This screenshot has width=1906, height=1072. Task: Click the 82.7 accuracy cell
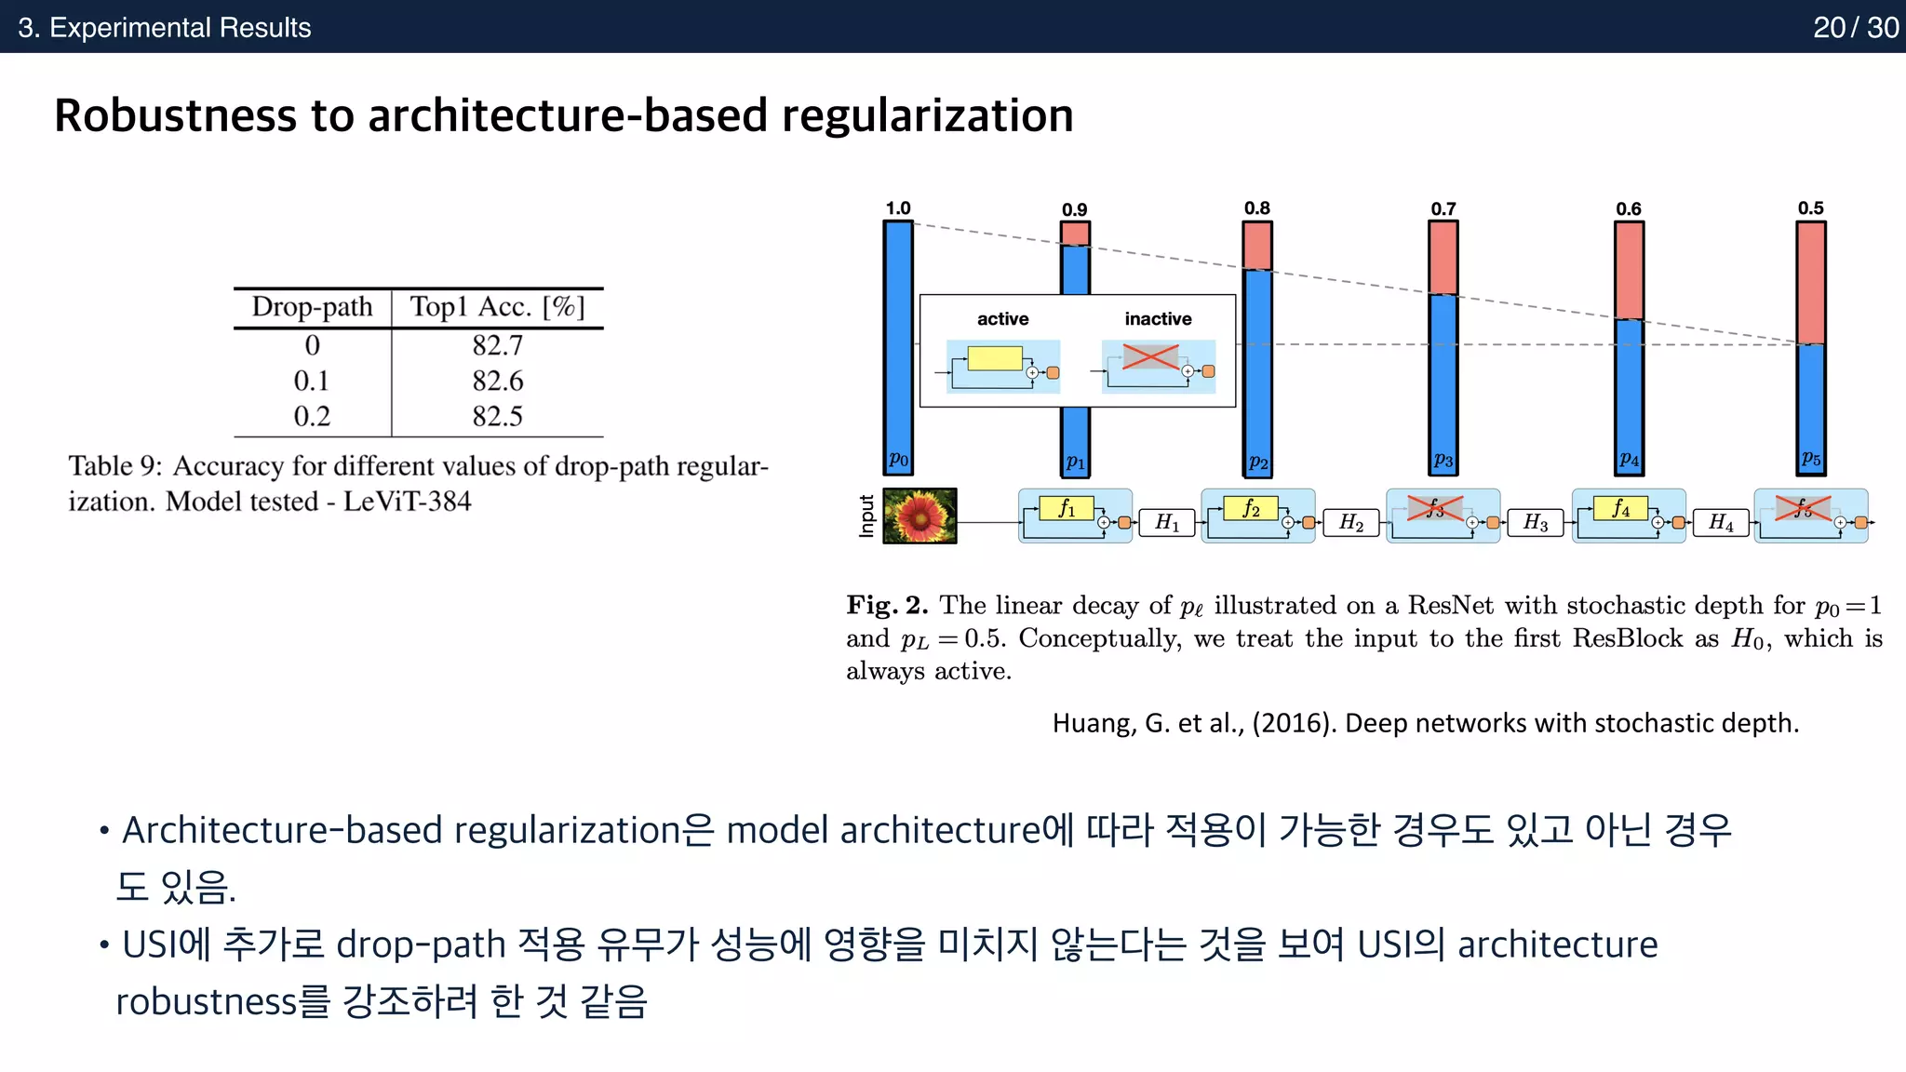pyautogui.click(x=497, y=345)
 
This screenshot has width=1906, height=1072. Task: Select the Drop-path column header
pyautogui.click(x=312, y=307)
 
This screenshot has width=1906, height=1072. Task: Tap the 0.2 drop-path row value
pyautogui.click(x=312, y=416)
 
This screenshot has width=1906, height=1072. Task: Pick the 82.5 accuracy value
pyautogui.click(x=497, y=416)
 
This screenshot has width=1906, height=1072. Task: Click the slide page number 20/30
pyautogui.click(x=1855, y=27)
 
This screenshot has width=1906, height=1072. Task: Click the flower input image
pyautogui.click(x=919, y=516)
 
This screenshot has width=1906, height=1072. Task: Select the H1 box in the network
pyautogui.click(x=1167, y=522)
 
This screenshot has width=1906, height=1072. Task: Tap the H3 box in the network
pyautogui.click(x=1536, y=522)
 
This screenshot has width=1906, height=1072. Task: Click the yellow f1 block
pyautogui.click(x=1067, y=508)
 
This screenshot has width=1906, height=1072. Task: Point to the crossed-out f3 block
pyautogui.click(x=1434, y=508)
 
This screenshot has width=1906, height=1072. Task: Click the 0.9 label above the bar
pyautogui.click(x=1074, y=209)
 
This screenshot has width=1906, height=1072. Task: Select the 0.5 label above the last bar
pyautogui.click(x=1810, y=208)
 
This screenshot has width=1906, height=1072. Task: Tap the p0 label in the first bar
pyautogui.click(x=897, y=459)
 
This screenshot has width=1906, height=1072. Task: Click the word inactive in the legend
pyautogui.click(x=1158, y=319)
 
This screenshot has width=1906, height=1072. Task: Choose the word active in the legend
pyautogui.click(x=1002, y=319)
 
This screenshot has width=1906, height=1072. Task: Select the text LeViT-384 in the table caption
pyautogui.click(x=407, y=502)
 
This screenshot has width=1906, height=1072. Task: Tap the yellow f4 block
pyautogui.click(x=1620, y=508)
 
